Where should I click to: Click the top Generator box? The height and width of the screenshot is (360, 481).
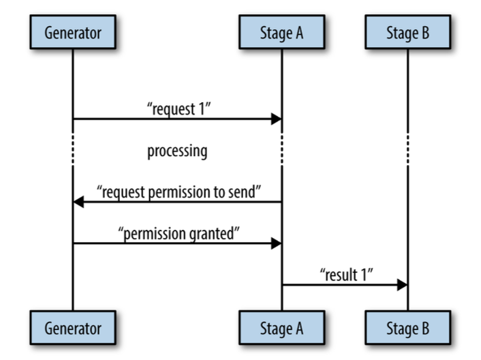pos(73,32)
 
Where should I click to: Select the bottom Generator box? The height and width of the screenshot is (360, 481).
pos(73,327)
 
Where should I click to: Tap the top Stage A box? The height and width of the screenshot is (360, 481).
pos(282,32)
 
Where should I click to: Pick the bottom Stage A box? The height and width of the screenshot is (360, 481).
pos(282,327)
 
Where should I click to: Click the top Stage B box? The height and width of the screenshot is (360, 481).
pos(408,32)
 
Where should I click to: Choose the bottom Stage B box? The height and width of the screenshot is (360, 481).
pos(408,327)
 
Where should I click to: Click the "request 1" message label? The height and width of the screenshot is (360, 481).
pos(179,109)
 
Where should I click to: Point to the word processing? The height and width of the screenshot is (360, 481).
pos(177,151)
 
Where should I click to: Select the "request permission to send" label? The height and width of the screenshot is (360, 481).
pos(179,192)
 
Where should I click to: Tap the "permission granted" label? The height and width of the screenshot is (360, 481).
pos(179,234)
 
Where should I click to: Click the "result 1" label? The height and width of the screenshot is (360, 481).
pos(347,275)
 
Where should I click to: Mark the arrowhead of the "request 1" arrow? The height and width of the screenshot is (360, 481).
pos(276,119)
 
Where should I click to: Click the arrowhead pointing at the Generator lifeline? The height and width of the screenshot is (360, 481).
pos(78,202)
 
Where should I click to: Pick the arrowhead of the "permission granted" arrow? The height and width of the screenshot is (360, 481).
pos(276,243)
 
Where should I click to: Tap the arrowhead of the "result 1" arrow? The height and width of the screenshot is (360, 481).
pos(402,285)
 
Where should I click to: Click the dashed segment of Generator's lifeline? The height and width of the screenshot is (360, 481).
pos(73,149)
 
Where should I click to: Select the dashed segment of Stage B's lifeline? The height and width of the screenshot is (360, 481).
pos(408,149)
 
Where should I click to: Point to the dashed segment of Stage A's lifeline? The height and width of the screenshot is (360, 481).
pos(282,149)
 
